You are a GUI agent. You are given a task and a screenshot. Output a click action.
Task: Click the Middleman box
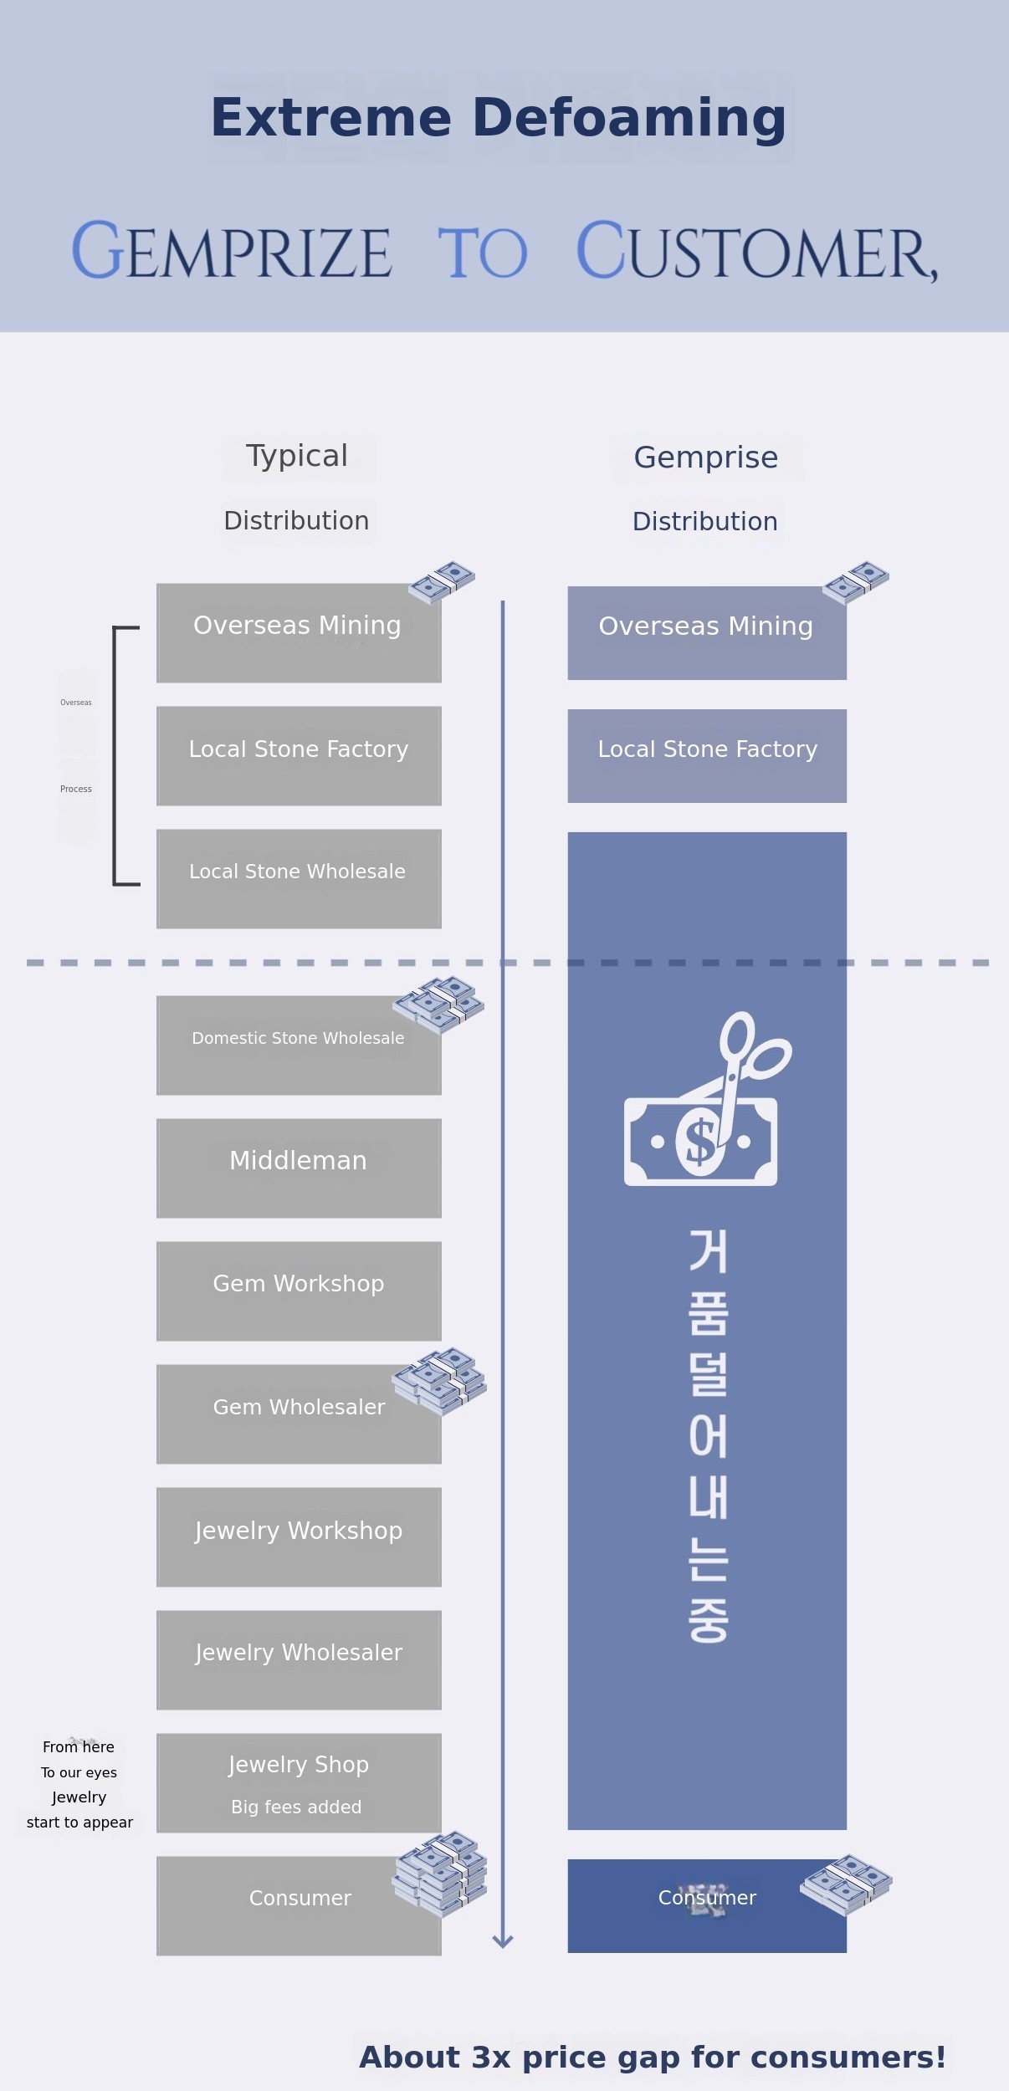pyautogui.click(x=299, y=1168)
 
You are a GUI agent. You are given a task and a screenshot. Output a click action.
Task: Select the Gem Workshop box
pyautogui.click(x=299, y=1291)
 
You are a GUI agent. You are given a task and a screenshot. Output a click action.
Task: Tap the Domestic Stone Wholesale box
pyautogui.click(x=299, y=1045)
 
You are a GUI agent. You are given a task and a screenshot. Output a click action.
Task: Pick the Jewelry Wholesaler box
pyautogui.click(x=299, y=1659)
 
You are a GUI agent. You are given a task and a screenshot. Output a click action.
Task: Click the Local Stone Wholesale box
pyautogui.click(x=299, y=878)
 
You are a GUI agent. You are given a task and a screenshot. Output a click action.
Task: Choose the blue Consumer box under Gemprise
pyautogui.click(x=707, y=1905)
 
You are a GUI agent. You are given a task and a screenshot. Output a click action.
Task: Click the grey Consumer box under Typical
pyautogui.click(x=299, y=1905)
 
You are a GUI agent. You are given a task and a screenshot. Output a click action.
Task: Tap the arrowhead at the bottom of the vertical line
pyautogui.click(x=503, y=1940)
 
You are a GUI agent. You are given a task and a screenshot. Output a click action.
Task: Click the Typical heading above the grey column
pyautogui.click(x=297, y=456)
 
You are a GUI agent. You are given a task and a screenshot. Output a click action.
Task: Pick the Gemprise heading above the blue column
pyautogui.click(x=706, y=458)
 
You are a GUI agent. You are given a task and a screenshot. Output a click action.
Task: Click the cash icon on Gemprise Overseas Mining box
pyautogui.click(x=856, y=582)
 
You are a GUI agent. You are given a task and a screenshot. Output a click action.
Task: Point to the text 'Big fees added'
pyautogui.click(x=296, y=1807)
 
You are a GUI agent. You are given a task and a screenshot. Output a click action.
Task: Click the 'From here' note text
pyautogui.click(x=79, y=1746)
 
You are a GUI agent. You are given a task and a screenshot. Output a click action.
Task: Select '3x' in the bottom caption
pyautogui.click(x=491, y=2057)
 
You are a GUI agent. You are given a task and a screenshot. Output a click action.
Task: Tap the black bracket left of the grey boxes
pyautogui.click(x=115, y=755)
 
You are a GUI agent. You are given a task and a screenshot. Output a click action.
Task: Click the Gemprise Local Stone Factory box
pyautogui.click(x=707, y=755)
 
